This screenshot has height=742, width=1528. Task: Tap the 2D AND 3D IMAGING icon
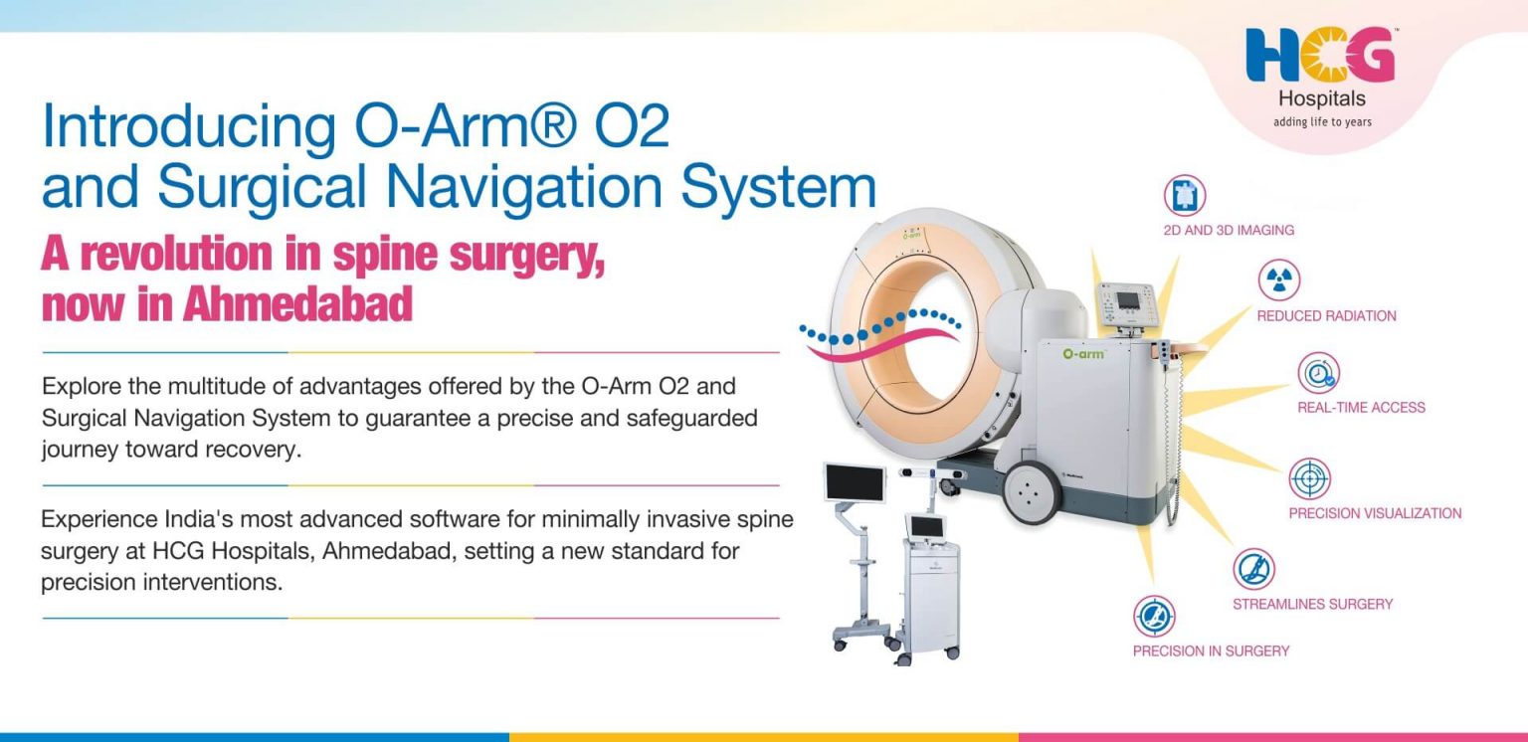tap(1184, 196)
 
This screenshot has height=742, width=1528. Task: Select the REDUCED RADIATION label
tap(1326, 316)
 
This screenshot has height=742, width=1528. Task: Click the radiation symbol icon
tap(1278, 280)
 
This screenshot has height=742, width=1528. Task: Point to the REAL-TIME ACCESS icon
tap(1318, 373)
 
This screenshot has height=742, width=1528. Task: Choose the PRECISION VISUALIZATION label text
tap(1375, 514)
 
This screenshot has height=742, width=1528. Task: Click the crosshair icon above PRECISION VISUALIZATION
tap(1310, 479)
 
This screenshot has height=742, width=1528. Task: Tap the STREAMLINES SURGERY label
tap(1312, 604)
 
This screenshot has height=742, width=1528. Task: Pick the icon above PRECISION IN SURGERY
tap(1154, 616)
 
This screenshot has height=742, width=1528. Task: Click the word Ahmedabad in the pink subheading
tap(297, 305)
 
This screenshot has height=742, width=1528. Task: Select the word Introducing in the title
tap(188, 127)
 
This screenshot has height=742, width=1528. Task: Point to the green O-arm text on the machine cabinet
tap(1083, 353)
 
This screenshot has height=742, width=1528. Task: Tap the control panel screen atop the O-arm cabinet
tap(1129, 300)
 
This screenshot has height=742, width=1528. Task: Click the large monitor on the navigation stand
tap(855, 482)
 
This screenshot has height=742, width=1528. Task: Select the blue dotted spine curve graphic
tap(880, 326)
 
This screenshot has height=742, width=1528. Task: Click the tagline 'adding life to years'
tap(1322, 121)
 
